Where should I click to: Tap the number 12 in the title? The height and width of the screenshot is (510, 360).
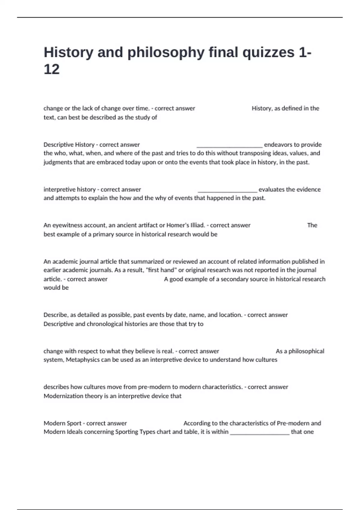(x=52, y=70)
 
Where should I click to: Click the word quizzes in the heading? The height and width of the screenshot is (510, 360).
(x=268, y=53)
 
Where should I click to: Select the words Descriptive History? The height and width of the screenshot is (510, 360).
(x=69, y=145)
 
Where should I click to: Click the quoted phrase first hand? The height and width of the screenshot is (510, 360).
(x=161, y=270)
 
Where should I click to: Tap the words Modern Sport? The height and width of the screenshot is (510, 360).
(x=62, y=423)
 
